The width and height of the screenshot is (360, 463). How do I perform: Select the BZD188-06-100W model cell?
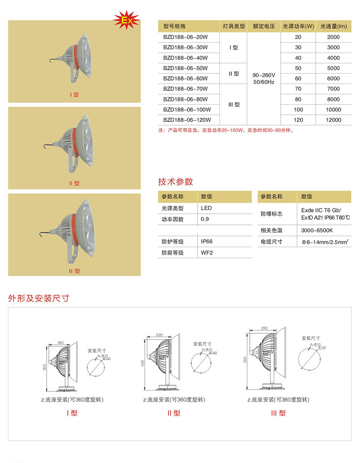pyautogui.click(x=186, y=110)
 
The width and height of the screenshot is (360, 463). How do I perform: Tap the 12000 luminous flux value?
pyautogui.click(x=333, y=120)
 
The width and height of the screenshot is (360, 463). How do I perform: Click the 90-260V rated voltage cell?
pyautogui.click(x=264, y=78)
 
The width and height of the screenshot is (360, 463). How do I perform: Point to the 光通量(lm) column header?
pyautogui.click(x=333, y=26)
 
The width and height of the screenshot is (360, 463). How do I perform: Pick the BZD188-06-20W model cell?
pyautogui.click(x=186, y=37)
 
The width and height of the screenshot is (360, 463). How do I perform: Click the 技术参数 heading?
pyautogui.click(x=176, y=181)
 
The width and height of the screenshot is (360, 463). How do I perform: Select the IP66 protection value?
pyautogui.click(x=207, y=242)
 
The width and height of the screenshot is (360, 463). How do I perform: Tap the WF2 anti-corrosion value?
pyautogui.click(x=207, y=253)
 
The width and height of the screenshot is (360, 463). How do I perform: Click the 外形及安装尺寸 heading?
pyautogui.click(x=39, y=298)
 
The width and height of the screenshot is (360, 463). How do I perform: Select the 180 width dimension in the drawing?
pyautogui.click(x=60, y=343)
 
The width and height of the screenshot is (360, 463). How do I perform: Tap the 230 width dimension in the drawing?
pyautogui.click(x=264, y=328)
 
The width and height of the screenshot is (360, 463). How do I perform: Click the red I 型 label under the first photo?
pyautogui.click(x=74, y=95)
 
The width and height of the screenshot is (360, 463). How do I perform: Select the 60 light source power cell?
pyautogui.click(x=298, y=79)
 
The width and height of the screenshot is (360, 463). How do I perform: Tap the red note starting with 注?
pyautogui.click(x=226, y=130)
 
